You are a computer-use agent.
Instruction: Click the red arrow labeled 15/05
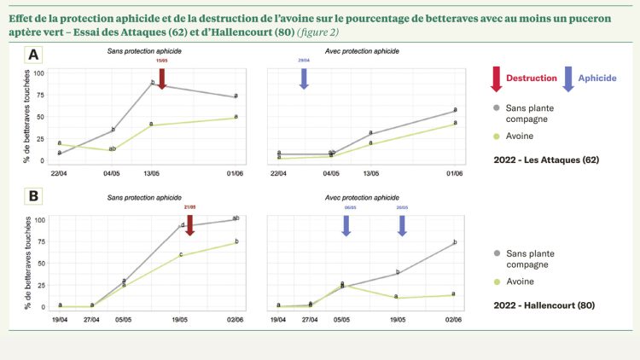(161, 78)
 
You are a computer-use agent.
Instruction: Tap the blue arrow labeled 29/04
(304, 78)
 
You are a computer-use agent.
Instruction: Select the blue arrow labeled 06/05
(346, 225)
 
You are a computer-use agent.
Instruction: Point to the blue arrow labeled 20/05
(402, 225)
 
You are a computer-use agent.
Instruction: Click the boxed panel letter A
(33, 55)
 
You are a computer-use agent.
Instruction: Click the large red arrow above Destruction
(497, 78)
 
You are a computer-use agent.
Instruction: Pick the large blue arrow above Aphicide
(569, 78)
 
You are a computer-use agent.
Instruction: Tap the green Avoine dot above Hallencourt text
(497, 281)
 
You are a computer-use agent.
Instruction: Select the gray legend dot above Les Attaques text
(497, 109)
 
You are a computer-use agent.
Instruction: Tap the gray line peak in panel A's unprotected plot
(152, 83)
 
